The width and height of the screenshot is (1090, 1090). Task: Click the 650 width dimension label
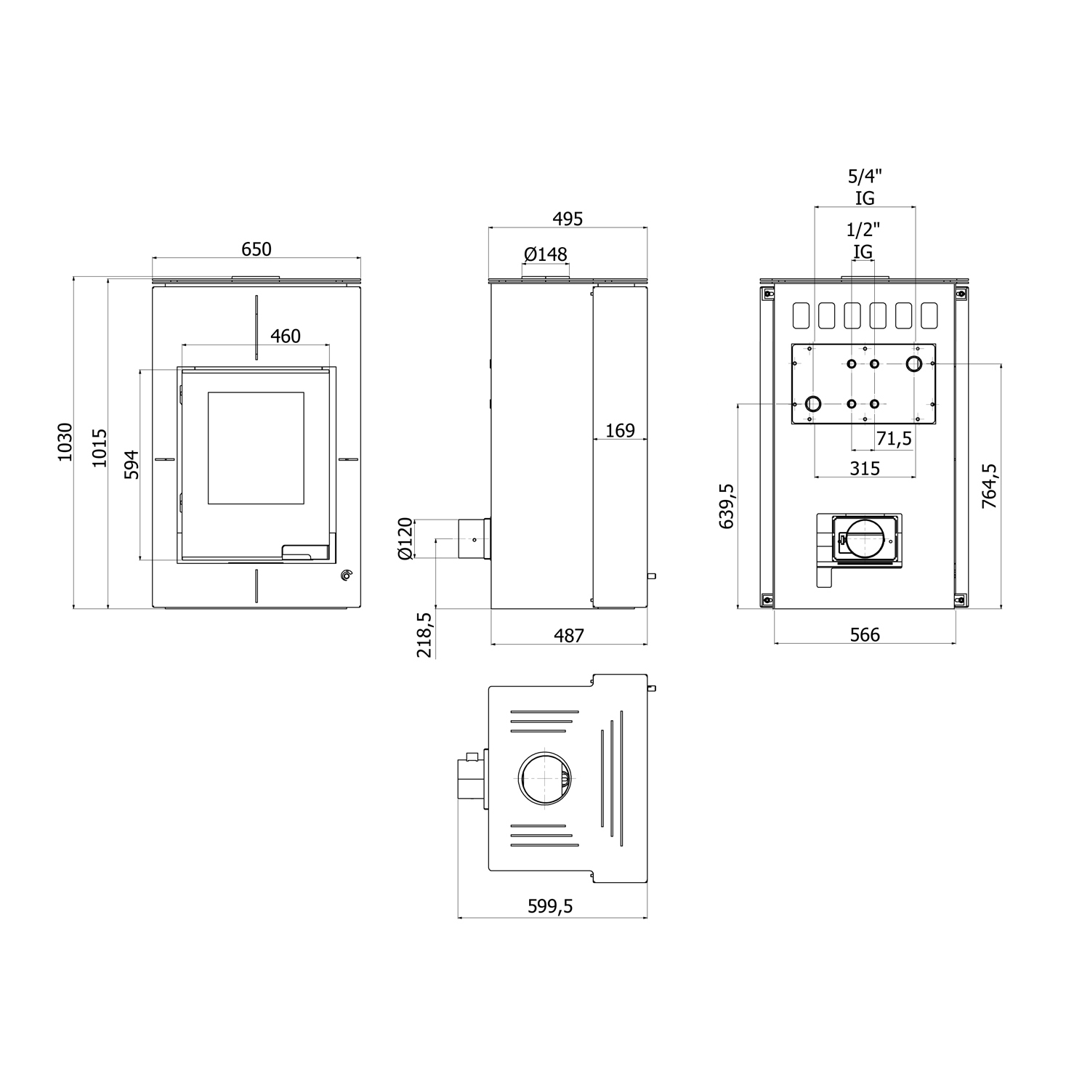coord(256,249)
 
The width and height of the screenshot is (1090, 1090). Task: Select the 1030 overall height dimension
coord(65,442)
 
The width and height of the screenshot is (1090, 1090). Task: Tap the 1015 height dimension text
coord(100,448)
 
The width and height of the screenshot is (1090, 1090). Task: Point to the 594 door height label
coord(132,464)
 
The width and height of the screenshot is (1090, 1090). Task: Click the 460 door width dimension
coord(285,336)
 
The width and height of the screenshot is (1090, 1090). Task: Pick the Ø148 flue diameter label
coord(545,254)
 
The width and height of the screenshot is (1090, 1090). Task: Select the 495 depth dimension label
coord(568,219)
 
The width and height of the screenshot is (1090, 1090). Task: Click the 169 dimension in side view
coord(620,431)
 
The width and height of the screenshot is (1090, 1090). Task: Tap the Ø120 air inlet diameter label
coord(405,538)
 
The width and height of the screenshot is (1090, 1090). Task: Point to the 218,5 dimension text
coord(424,634)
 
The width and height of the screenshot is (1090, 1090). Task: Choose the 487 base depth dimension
coord(569,636)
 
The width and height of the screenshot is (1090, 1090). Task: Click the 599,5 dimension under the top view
coord(550,906)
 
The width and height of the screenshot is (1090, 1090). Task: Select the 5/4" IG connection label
coord(865,187)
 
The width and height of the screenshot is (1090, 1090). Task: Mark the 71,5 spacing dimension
coord(894,439)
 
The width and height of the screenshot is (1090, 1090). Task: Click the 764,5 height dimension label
coord(990,485)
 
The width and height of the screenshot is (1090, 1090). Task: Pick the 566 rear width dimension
coord(865,635)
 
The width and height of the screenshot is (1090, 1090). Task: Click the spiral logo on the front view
coord(347,576)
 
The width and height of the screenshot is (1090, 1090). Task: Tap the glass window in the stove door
coord(256,448)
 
